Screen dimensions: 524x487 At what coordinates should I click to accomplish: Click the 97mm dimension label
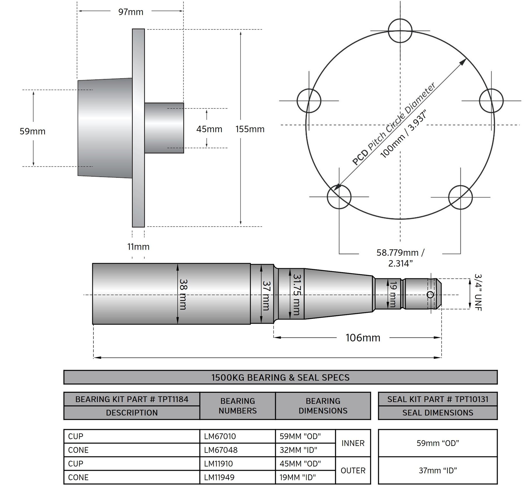pos(131,12)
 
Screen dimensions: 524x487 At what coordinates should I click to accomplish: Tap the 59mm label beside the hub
pos(33,131)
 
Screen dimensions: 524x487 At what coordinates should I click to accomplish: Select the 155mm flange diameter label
pos(250,129)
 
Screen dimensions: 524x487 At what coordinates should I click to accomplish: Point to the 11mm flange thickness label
pos(138,247)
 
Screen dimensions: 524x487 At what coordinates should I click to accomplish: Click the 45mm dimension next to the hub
pos(209,129)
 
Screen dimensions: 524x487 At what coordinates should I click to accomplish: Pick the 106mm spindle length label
pos(363,338)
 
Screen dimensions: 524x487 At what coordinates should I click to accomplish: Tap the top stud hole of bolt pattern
pos(400,31)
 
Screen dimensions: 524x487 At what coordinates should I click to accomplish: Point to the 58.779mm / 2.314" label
pos(401,258)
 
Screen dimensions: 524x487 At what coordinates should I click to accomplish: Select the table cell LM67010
pos(220,436)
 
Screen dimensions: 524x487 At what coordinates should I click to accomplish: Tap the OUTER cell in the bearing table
pos(353,470)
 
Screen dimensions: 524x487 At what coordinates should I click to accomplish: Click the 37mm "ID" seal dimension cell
pos(438,470)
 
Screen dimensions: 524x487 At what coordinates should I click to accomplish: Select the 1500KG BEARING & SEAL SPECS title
pos(280,377)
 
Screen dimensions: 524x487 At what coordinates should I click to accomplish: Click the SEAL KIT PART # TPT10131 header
pos(438,399)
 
